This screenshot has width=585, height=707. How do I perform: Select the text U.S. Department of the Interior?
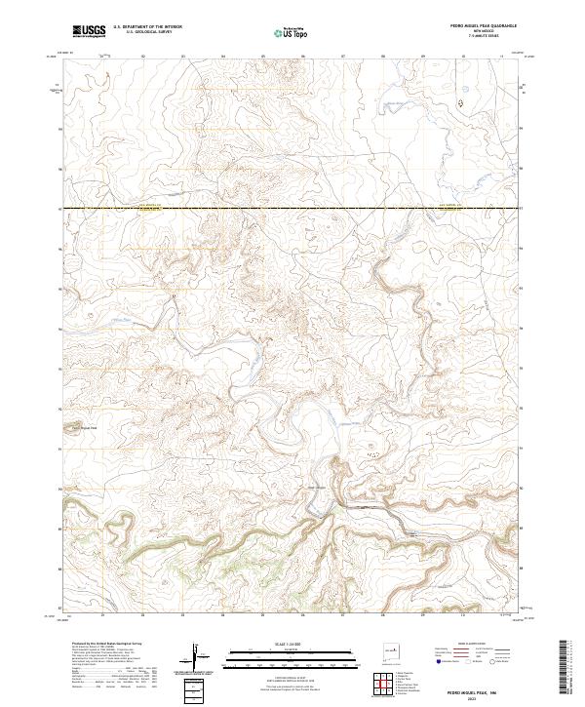(x=147, y=28)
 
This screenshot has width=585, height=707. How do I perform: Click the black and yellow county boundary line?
(x=292, y=208)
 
